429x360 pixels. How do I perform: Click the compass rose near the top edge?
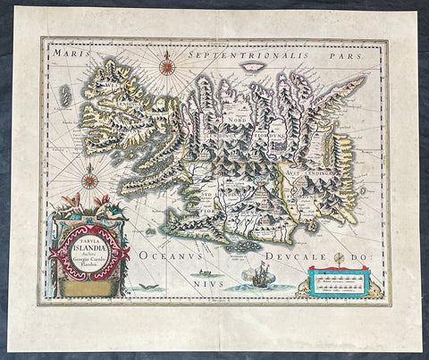point(165,64)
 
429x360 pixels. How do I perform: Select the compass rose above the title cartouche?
point(89,180)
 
